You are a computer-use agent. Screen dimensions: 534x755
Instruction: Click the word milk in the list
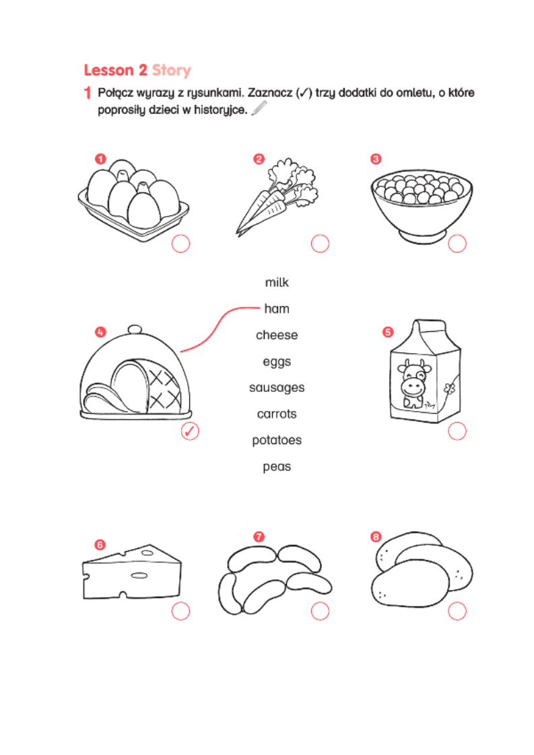(277, 282)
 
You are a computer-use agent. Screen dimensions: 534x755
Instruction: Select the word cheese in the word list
(277, 334)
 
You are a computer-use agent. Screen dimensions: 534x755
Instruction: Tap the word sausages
(277, 388)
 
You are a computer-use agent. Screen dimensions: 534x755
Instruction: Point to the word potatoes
(277, 441)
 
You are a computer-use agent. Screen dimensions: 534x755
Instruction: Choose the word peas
(277, 466)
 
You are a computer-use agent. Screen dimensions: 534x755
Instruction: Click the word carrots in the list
(277, 414)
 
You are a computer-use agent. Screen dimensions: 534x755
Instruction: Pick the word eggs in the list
(277, 361)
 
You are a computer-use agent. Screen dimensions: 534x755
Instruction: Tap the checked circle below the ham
(190, 431)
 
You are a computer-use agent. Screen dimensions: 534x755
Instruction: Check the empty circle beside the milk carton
(457, 431)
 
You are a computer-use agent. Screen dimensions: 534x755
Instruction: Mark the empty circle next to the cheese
(180, 611)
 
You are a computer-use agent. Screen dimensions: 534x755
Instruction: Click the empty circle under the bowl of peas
(457, 244)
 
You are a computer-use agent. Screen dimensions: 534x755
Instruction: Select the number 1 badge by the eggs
(100, 159)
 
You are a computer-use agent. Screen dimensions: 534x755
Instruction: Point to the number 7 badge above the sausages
(259, 536)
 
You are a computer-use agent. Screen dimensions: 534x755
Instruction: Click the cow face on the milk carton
(413, 380)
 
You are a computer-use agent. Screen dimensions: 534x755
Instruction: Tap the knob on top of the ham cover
(135, 330)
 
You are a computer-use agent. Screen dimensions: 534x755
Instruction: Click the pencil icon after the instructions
(259, 108)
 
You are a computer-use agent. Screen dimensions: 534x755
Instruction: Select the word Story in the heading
(172, 71)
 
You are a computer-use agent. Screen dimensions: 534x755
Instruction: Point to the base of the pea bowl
(422, 236)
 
